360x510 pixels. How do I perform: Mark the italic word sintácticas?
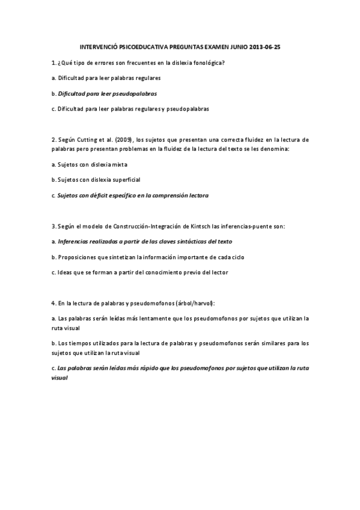click(188, 241)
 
